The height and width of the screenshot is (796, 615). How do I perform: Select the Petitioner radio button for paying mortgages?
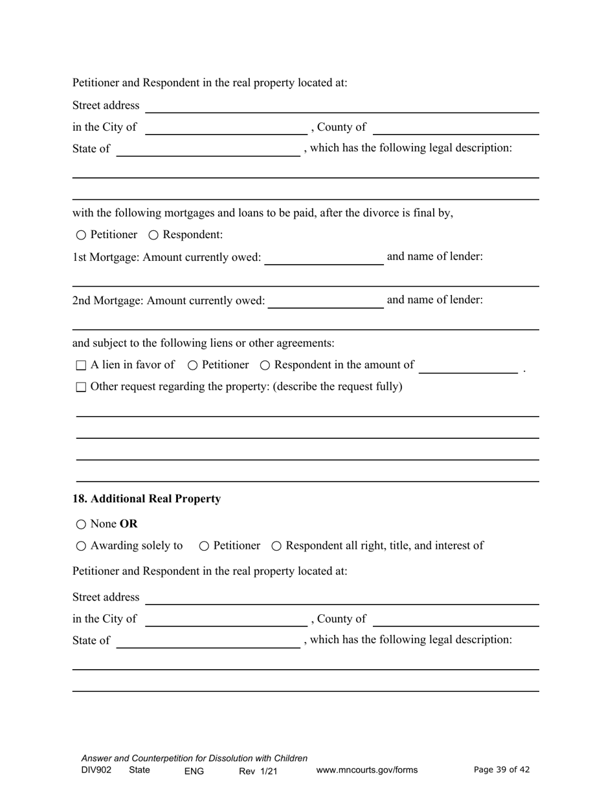[x=80, y=235]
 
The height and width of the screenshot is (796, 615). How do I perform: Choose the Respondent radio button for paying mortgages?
[x=153, y=235]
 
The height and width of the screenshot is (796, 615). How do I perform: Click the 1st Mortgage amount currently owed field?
[x=324, y=258]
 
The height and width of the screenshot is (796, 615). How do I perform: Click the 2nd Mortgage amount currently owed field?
[x=325, y=302]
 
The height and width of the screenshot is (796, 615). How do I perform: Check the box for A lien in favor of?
[x=81, y=366]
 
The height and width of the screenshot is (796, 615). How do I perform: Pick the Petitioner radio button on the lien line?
[x=192, y=366]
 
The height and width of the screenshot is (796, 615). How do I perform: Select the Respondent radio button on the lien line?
[x=265, y=366]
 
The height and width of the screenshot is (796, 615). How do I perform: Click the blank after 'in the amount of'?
[x=468, y=366]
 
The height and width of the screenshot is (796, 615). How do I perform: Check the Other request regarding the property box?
[x=81, y=388]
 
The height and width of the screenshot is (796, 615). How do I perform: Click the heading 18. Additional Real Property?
[x=146, y=499]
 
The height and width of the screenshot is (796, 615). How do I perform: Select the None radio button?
[x=80, y=524]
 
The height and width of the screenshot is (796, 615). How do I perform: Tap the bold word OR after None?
[x=129, y=524]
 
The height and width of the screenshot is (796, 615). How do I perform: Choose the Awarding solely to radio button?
[x=80, y=546]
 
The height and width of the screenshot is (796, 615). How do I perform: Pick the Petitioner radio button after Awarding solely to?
[x=204, y=546]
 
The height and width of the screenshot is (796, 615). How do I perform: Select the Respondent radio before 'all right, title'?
[x=276, y=546]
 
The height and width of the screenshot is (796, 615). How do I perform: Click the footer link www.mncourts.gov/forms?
[x=366, y=770]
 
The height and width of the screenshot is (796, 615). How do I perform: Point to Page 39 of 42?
[x=502, y=769]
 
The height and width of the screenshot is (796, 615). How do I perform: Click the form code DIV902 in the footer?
[x=96, y=770]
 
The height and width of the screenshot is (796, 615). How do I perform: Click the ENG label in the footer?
[x=194, y=771]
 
